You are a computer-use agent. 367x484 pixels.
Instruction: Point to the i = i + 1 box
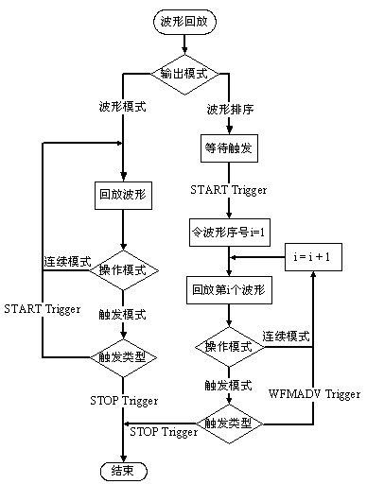pyautogui.click(x=311, y=255)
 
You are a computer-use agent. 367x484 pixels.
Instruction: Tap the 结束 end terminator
pyautogui.click(x=120, y=470)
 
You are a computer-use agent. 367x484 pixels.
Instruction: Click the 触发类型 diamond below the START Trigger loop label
pyautogui.click(x=120, y=357)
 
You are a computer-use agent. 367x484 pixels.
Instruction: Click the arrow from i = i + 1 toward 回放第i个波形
pyautogui.click(x=260, y=256)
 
